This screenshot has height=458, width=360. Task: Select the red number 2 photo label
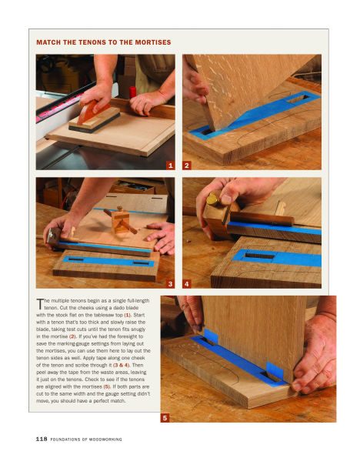tap(187, 165)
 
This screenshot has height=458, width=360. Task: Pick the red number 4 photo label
tap(187, 285)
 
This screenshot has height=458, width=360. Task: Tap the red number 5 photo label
tap(164, 418)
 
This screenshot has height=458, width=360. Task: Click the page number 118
tap(42, 439)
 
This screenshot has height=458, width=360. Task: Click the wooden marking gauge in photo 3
tap(118, 223)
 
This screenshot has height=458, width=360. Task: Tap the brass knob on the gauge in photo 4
tap(210, 199)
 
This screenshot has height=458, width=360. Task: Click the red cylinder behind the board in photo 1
tap(133, 92)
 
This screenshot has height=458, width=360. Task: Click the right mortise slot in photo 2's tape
tap(295, 99)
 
